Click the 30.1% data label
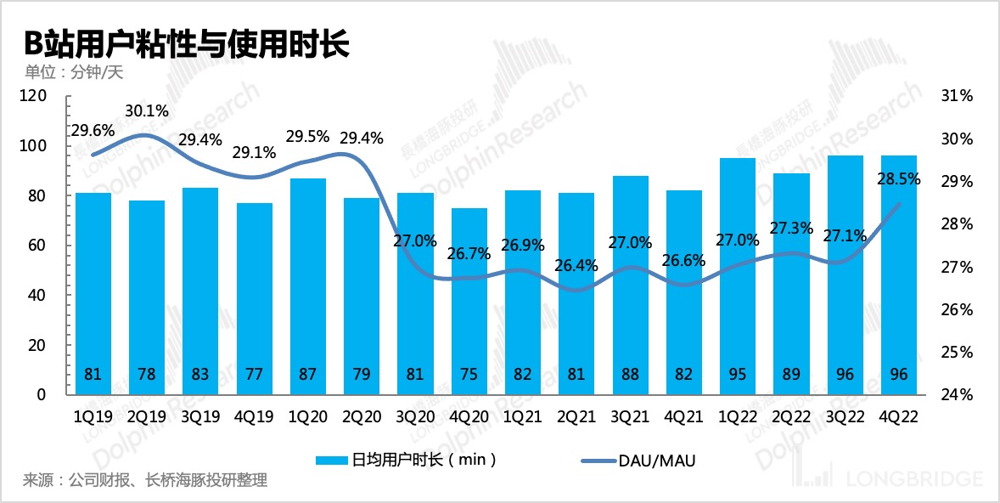(147, 110)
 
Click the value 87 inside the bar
(307, 375)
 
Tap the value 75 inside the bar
(469, 375)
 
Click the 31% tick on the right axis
(956, 96)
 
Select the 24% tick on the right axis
(956, 395)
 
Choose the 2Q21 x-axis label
(576, 418)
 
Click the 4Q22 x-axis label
(898, 418)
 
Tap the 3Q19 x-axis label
(200, 418)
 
